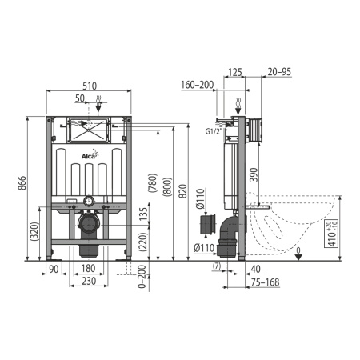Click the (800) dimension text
pos(166,187)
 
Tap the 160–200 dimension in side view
pos(198,85)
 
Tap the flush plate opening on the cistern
pos(90,127)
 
